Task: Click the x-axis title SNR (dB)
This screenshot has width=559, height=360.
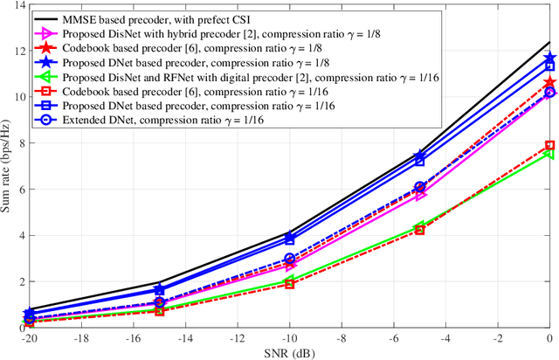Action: (289, 352)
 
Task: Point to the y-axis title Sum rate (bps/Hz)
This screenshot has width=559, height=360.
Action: (8, 167)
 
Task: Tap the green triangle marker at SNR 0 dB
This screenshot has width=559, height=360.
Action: (549, 154)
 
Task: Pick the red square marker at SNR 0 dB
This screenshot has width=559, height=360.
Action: (549, 145)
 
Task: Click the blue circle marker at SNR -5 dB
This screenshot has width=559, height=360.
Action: (419, 187)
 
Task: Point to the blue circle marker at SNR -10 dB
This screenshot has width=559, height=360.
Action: (289, 259)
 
